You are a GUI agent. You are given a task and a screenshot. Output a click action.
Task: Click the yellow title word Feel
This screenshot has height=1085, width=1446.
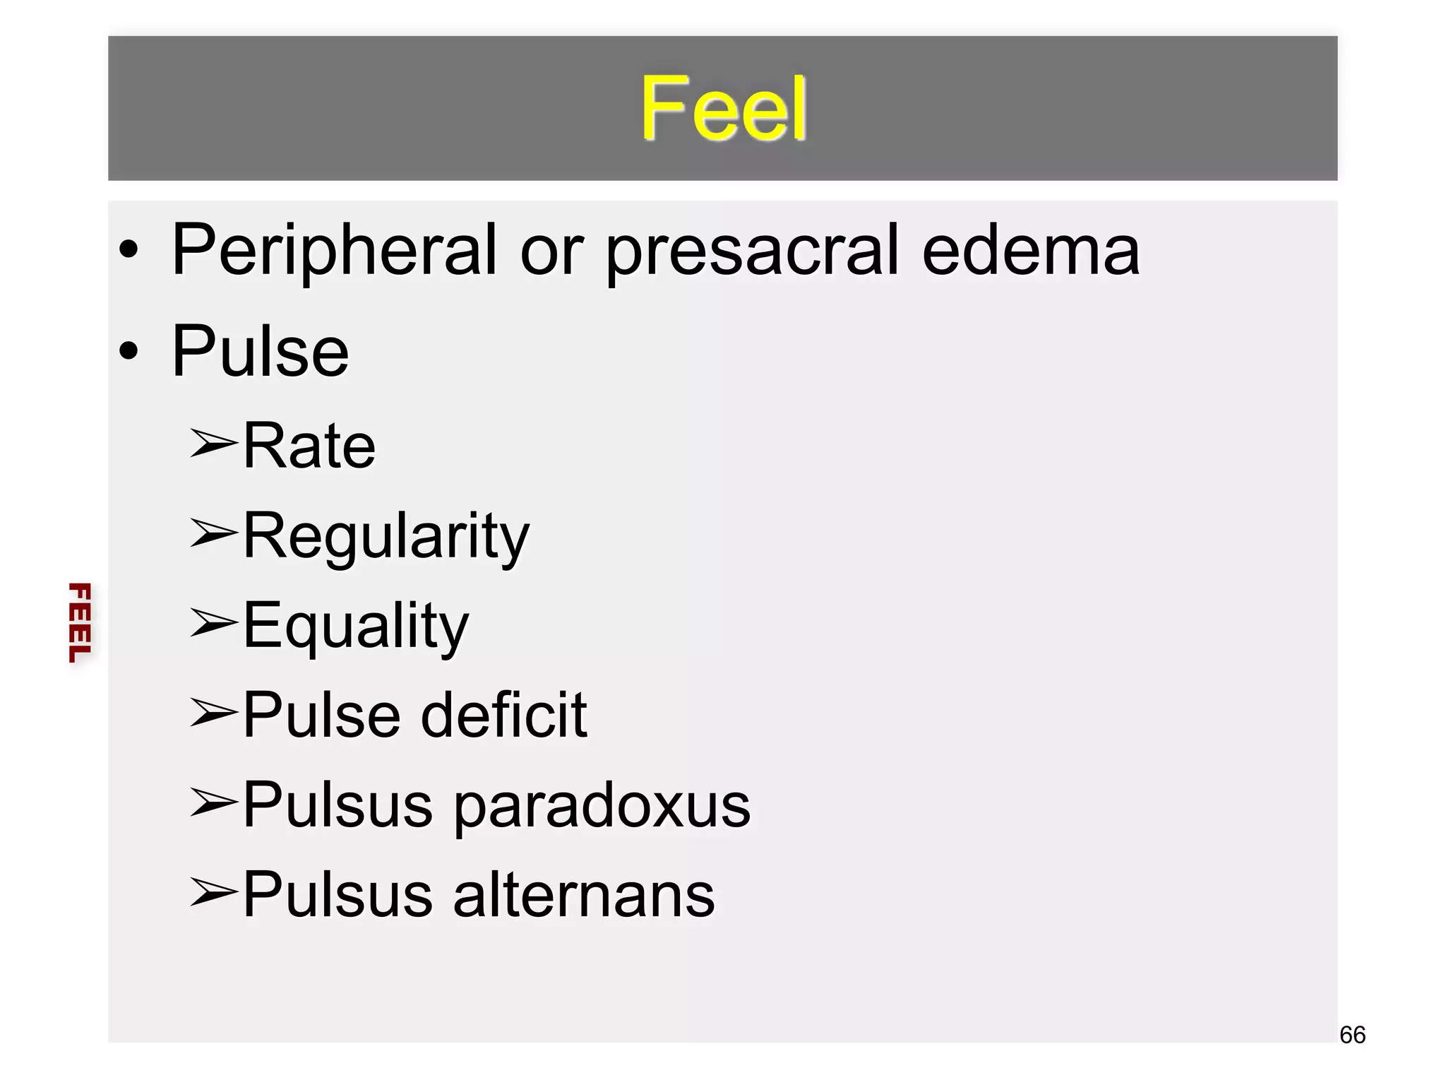pos(723,109)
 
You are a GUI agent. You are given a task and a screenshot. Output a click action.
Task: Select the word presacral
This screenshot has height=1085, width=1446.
pos(753,251)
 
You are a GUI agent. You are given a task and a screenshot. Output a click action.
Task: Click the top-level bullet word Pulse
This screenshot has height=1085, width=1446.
pos(260,352)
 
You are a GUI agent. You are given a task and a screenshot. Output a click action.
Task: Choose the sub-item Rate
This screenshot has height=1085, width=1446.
pos(309,446)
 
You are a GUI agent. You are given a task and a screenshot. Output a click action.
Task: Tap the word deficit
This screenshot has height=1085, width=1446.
pos(503,716)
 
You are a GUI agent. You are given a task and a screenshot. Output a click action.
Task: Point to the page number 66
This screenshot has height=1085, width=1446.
pos(1352,1035)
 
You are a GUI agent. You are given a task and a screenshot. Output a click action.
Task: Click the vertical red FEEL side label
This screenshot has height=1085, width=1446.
pos(80,622)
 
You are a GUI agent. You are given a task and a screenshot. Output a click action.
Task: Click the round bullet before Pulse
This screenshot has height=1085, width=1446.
pos(129,351)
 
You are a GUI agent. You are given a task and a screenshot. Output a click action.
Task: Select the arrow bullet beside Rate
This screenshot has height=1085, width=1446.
pos(213,444)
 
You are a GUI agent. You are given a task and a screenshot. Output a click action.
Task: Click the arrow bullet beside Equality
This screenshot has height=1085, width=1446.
pos(213,623)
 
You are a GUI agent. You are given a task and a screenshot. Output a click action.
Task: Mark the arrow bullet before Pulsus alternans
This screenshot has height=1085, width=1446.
pos(213,892)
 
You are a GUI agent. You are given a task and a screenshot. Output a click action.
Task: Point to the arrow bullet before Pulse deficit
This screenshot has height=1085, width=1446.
pos(213,713)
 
